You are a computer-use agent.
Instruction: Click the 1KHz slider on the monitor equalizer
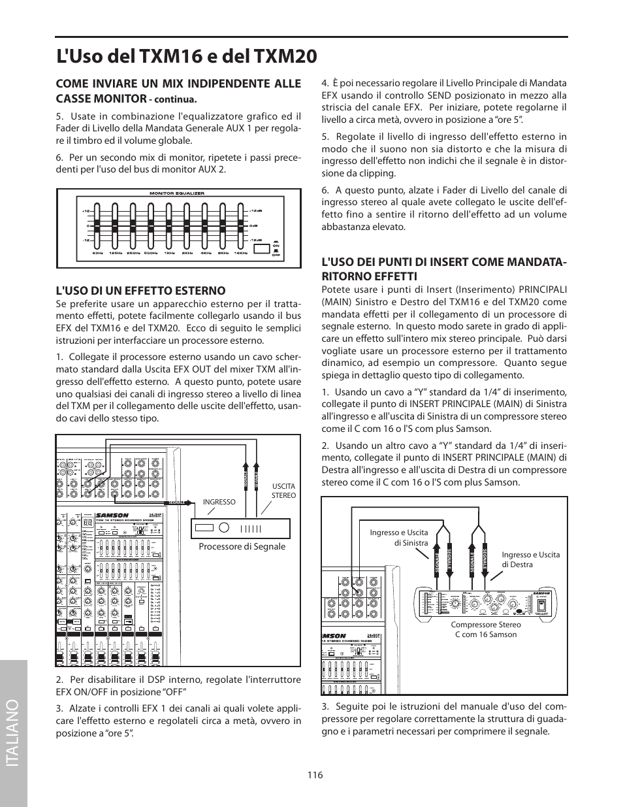[x=169, y=226]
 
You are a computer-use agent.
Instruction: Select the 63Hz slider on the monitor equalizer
[x=98, y=226]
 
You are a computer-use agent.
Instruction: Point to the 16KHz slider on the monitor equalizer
[x=241, y=226]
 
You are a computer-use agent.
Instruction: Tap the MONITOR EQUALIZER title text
[x=177, y=193]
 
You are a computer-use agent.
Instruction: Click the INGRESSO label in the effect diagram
[x=219, y=502]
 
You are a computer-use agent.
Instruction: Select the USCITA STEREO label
[x=283, y=491]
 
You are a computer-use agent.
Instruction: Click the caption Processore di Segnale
[x=242, y=546]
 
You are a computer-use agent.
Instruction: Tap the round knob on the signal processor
[x=223, y=528]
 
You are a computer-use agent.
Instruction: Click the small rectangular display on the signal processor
[x=204, y=528]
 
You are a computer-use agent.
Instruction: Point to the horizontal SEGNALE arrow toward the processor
[x=178, y=502]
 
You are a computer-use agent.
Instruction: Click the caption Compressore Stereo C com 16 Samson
[x=485, y=629]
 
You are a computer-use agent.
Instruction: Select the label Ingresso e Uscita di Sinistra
[x=398, y=538]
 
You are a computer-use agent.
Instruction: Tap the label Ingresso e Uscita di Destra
[x=530, y=559]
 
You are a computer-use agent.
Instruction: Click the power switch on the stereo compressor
[x=541, y=605]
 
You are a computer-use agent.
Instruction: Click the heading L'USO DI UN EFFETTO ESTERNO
[x=140, y=290]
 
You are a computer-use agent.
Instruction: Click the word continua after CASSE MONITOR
[x=175, y=100]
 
